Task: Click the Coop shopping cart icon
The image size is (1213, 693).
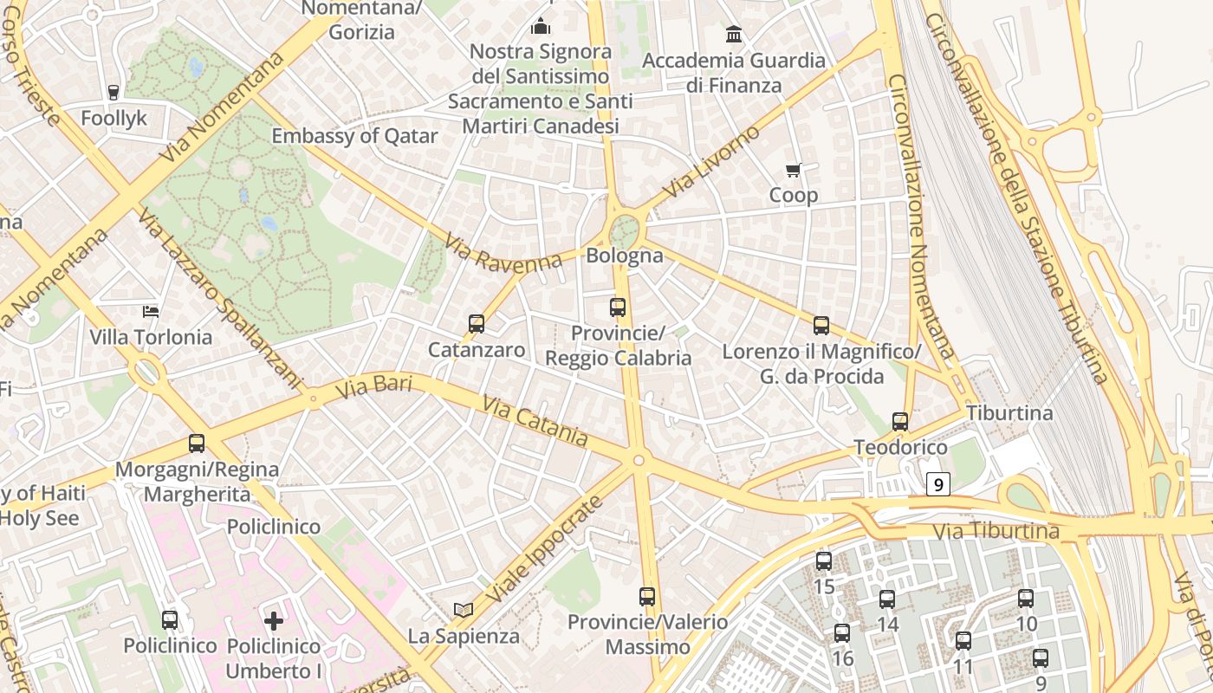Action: pyautogui.click(x=793, y=171)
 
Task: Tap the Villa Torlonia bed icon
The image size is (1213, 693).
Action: pyautogui.click(x=151, y=312)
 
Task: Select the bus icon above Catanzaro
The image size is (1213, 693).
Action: pyautogui.click(x=476, y=324)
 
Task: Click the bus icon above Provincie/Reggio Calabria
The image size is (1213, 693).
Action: pyautogui.click(x=618, y=307)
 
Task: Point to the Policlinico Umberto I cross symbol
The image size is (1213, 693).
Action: pyautogui.click(x=274, y=620)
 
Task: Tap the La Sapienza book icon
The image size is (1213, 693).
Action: pyautogui.click(x=464, y=610)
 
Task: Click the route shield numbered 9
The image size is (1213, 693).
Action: pyautogui.click(x=937, y=484)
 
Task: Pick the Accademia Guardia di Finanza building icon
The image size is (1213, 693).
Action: pyautogui.click(x=734, y=35)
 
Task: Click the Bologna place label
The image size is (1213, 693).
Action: pyautogui.click(x=625, y=256)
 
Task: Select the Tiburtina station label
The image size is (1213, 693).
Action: pyautogui.click(x=1009, y=413)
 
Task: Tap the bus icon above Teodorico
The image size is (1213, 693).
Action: pyautogui.click(x=900, y=422)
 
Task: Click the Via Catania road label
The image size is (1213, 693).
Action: pyautogui.click(x=535, y=422)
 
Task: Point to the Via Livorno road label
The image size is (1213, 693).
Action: pyautogui.click(x=710, y=161)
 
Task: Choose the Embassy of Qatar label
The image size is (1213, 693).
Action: pyautogui.click(x=354, y=136)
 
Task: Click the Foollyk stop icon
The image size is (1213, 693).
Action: pyautogui.click(x=114, y=92)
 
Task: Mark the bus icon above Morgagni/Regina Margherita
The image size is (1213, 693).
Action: pyautogui.click(x=197, y=444)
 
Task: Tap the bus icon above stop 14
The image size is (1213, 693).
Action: pyautogui.click(x=887, y=599)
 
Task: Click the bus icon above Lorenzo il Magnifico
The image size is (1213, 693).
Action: pyautogui.click(x=821, y=326)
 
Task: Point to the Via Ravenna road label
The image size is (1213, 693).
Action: pyautogui.click(x=503, y=254)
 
